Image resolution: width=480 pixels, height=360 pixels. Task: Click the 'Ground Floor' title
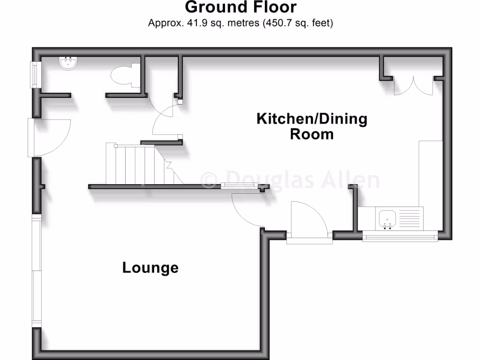coord(240,7)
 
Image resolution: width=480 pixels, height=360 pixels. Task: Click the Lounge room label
coord(150,268)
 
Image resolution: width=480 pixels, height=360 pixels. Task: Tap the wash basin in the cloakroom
coord(69,62)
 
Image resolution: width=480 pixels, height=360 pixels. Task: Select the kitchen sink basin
coord(388,218)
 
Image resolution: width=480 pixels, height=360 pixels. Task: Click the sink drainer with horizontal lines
coord(410,218)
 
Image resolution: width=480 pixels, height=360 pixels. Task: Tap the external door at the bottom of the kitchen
coord(308,223)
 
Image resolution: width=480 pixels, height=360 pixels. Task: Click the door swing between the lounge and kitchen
coord(246,210)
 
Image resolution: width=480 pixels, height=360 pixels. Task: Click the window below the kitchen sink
coord(400,237)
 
